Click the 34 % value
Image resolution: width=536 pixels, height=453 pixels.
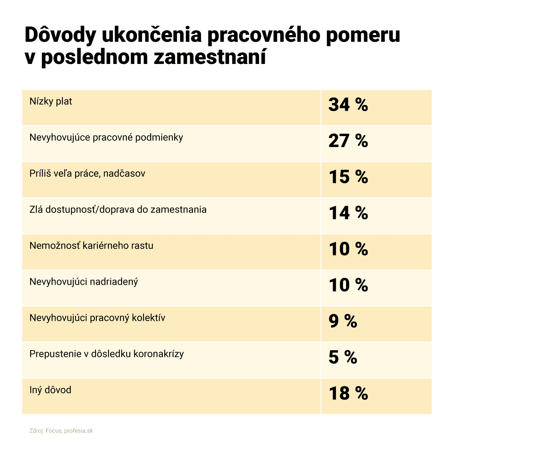348,105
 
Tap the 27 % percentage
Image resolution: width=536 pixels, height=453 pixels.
348,141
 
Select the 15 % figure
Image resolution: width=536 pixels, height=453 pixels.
348,177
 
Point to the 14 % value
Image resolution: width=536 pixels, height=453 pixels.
348,213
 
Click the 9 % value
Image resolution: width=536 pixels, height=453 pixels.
343,321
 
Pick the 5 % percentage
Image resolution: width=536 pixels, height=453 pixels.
343,357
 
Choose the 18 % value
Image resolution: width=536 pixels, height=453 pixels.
348,393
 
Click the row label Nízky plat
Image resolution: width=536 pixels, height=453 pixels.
51,101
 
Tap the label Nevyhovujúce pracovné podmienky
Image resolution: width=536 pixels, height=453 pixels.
106,138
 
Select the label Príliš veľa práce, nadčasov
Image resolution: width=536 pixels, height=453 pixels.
87,174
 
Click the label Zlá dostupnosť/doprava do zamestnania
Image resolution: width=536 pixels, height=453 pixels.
118,210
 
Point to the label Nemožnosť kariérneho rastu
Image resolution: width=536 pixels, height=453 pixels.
91,246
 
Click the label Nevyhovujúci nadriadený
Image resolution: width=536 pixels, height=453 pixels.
84,282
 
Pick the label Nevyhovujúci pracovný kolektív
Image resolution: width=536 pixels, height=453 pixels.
97,318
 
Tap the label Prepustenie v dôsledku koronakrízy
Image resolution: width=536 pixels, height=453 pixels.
106,354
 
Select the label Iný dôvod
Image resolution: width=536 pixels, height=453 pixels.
50,390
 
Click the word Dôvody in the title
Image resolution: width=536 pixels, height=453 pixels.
60,35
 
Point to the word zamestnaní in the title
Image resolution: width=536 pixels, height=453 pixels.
210,57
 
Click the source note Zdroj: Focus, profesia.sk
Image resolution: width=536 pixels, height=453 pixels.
61,431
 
